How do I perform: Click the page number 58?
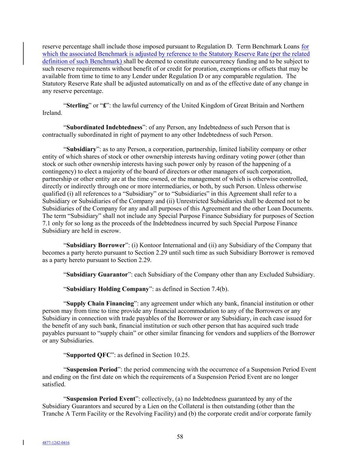point(180,437)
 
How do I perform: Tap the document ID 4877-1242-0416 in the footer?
point(56,443)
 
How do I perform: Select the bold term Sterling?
point(77,105)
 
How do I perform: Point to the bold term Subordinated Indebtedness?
point(104,127)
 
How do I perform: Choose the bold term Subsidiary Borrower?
point(96,245)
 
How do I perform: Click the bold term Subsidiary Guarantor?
point(97,274)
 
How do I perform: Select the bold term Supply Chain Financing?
point(100,303)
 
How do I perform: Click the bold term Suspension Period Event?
point(101,399)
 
